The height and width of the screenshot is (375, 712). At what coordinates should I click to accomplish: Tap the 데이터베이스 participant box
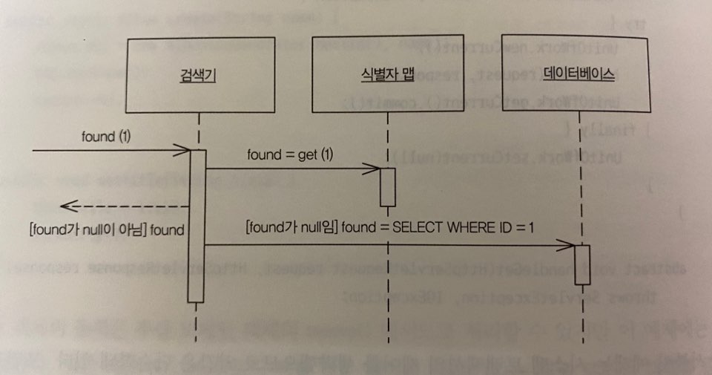[576, 74]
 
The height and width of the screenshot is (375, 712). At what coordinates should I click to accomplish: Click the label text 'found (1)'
[107, 137]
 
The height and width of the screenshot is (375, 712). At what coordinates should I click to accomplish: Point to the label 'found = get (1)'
[291, 155]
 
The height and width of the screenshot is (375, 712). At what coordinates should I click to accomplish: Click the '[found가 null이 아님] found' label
[105, 229]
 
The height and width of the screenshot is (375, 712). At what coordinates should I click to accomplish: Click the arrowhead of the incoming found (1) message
[185, 151]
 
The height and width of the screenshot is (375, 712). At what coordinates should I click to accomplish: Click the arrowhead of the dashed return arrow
[67, 206]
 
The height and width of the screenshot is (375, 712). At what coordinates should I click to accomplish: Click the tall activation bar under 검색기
[196, 226]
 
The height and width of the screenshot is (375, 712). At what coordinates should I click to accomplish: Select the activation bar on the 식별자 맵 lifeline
[387, 186]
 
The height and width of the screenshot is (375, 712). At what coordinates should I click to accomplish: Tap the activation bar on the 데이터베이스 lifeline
[582, 264]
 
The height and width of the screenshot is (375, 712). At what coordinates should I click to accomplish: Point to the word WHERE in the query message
[470, 226]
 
